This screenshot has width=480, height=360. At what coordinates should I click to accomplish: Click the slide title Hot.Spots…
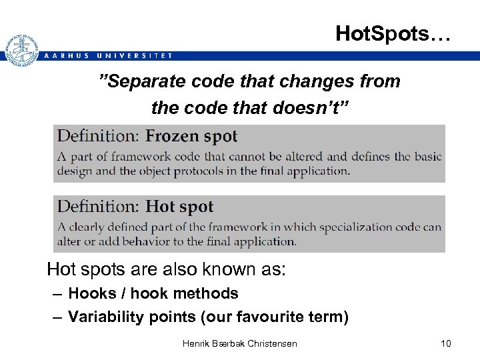(x=393, y=33)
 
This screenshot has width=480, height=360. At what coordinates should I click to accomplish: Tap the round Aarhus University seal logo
(x=20, y=49)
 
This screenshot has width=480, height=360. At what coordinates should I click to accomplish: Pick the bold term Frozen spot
(x=191, y=137)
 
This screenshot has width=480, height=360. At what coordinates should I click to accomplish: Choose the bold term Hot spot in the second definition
(x=179, y=207)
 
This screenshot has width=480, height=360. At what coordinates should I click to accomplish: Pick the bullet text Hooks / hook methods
(x=153, y=293)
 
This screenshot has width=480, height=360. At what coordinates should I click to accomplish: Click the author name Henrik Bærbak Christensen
(x=240, y=343)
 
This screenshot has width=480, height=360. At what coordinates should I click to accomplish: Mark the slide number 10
(x=445, y=343)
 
